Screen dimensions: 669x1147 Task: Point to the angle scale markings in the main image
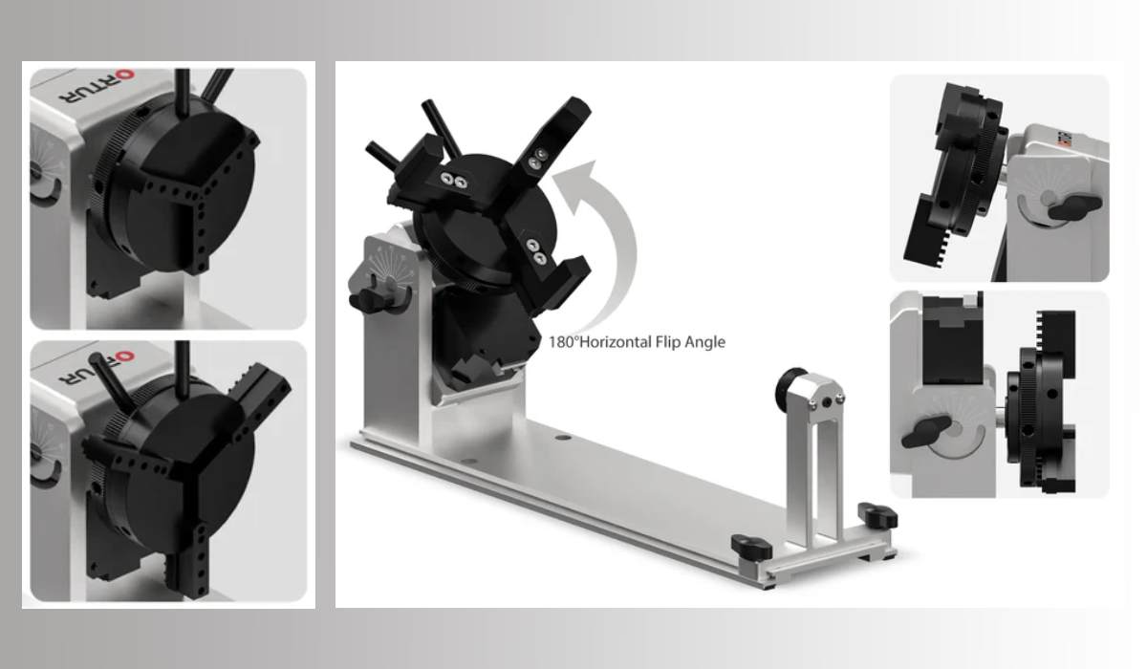click(382, 261)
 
